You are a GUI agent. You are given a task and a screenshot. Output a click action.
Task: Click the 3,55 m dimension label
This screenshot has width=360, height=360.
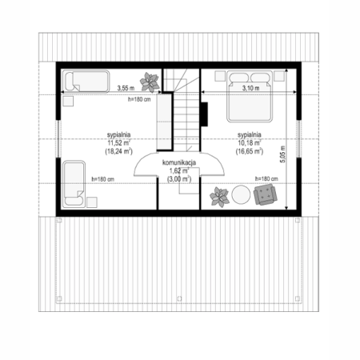pos(126,88)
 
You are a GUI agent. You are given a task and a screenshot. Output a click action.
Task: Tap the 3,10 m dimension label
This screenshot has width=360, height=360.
pos(250,88)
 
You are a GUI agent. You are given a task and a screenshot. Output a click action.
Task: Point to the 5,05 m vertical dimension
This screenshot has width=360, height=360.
pos(282,154)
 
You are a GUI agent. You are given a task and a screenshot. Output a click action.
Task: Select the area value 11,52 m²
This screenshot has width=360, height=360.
pos(119,142)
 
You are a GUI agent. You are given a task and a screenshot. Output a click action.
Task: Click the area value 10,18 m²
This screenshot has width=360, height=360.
pos(250,142)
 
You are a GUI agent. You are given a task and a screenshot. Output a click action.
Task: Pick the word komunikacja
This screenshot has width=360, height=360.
pos(179,162)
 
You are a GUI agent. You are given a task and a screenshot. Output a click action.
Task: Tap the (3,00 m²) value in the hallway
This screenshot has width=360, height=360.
pos(179,179)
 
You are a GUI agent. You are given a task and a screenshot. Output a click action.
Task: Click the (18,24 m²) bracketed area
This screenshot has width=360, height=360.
pos(119,151)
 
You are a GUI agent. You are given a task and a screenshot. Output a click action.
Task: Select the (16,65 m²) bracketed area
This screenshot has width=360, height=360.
pos(250,151)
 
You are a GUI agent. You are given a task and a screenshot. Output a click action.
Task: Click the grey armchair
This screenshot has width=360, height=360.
pos(265,194)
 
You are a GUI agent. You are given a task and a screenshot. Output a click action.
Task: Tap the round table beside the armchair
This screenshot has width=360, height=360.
pos(241,195)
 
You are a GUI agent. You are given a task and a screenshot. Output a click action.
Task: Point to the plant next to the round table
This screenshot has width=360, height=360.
pos(219,197)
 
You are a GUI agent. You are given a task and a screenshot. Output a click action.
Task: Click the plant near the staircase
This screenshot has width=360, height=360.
pos(150,82)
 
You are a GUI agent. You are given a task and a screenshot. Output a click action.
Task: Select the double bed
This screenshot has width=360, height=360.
pos(250,96)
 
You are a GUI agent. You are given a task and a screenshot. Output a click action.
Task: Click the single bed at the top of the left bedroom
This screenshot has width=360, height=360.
pos(86,82)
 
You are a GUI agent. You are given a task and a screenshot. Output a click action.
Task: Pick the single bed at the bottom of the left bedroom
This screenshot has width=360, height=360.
pos(74,184)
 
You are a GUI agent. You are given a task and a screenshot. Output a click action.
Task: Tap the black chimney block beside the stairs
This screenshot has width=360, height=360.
pos(204,114)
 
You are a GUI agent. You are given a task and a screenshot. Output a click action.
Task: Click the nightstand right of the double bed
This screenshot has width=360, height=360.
pos(279,76)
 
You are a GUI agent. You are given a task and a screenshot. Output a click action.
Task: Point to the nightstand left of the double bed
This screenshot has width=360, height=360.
pos(220,76)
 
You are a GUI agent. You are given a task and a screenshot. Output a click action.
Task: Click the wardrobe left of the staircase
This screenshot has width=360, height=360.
pos(164,122)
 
